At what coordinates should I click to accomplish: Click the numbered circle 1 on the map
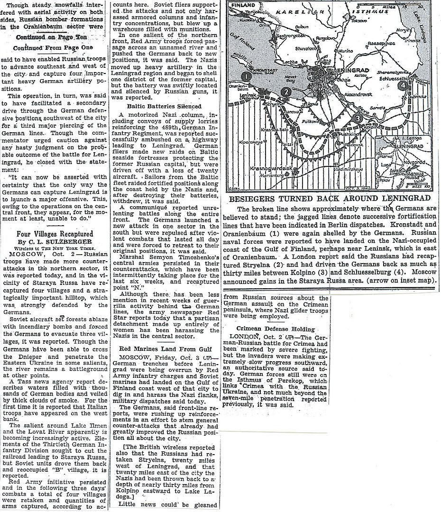pos(246,76)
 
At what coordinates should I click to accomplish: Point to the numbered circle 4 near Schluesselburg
pos(403,86)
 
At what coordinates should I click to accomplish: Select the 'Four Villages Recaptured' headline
pos(55,234)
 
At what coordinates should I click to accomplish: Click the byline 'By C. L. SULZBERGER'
pos(55,241)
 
